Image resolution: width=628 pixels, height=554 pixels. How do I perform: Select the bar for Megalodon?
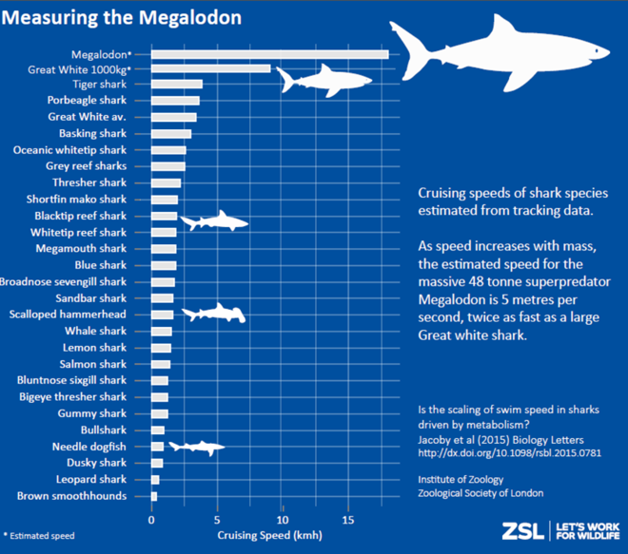269,53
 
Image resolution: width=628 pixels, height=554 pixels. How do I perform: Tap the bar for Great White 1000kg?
210,68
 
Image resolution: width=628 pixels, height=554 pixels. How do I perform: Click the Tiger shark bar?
177,85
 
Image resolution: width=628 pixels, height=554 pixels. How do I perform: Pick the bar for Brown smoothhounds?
154,496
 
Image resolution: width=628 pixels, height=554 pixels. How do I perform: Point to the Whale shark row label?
95,332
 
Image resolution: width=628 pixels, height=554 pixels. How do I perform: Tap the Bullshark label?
102,430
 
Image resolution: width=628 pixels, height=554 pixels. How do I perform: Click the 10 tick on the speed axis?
283,521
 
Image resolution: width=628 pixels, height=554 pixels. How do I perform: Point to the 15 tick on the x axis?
348,521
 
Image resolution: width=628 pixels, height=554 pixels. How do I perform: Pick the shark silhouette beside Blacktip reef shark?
214,221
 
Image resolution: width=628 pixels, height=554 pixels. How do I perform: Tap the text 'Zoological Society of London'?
481,494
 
